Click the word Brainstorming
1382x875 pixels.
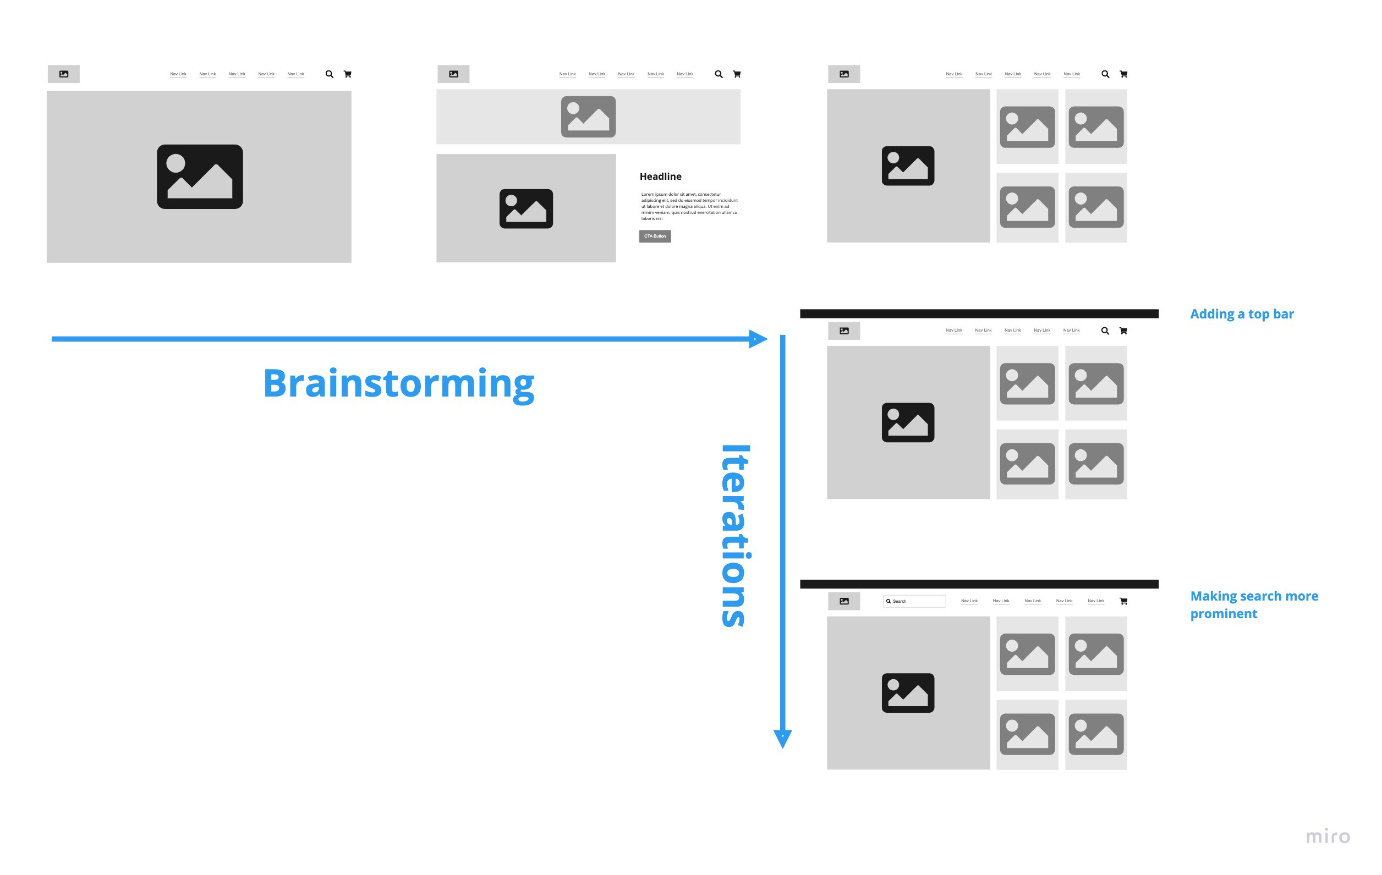(x=398, y=384)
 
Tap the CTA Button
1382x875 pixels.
(x=655, y=236)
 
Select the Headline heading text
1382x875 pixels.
(x=661, y=177)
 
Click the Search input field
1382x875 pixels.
(x=914, y=601)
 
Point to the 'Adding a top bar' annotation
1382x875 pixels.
(x=1241, y=315)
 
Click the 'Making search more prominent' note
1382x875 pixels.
(x=1253, y=605)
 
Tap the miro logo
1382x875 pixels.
(x=1328, y=837)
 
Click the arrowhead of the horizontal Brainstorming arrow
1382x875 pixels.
(x=758, y=339)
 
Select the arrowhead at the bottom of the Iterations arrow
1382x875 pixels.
(x=782, y=739)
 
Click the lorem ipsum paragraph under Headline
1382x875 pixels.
(x=689, y=207)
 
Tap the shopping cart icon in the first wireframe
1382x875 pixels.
(x=347, y=74)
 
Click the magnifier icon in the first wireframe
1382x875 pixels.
(x=330, y=74)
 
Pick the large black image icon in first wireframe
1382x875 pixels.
(x=200, y=177)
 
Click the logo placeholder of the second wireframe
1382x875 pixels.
(x=453, y=74)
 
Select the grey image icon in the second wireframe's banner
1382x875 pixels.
(x=588, y=117)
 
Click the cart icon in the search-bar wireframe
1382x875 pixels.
(x=1123, y=601)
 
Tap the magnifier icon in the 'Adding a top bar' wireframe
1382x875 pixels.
(x=1105, y=331)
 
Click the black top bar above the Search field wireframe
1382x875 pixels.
(x=979, y=584)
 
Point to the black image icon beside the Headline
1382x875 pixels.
(x=526, y=209)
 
